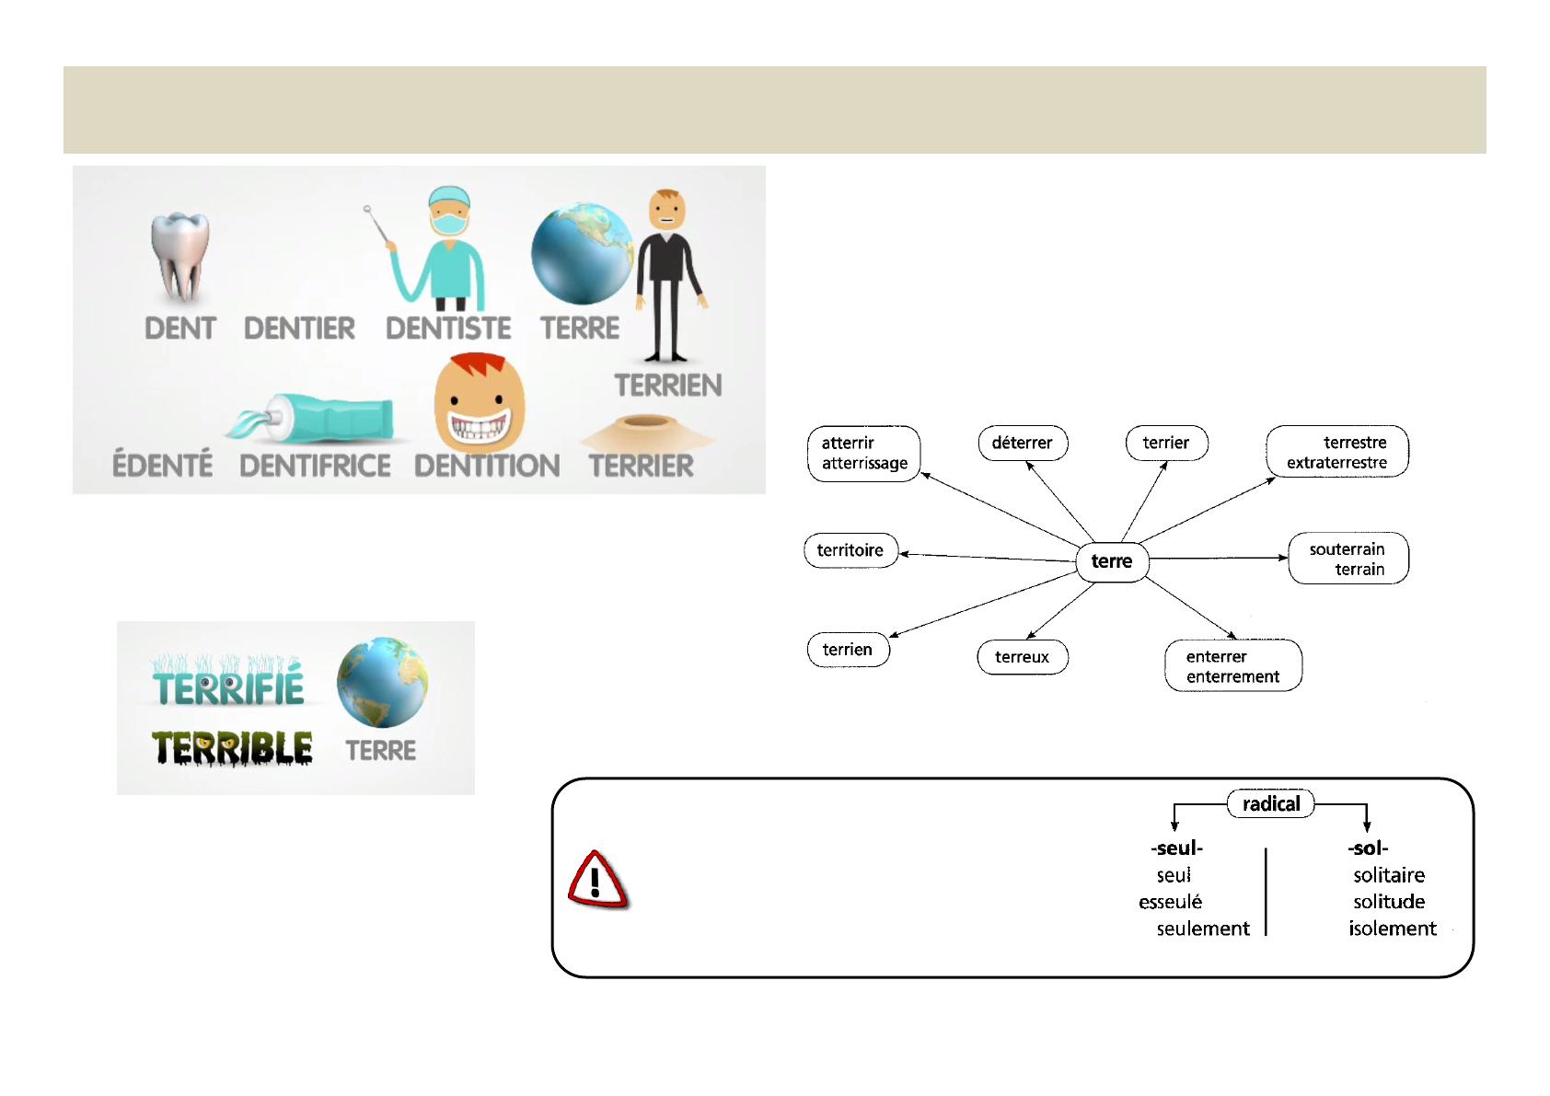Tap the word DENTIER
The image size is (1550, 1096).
[299, 329]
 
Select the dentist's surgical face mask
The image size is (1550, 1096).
[448, 224]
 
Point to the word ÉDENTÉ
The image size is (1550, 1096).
[162, 465]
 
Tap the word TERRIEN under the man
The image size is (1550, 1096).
[668, 386]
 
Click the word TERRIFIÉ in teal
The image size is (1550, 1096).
[228, 687]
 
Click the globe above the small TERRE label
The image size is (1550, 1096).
[382, 682]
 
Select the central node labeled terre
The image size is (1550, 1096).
[1112, 561]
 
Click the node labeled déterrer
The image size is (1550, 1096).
[1022, 443]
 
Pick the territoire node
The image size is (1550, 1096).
[850, 550]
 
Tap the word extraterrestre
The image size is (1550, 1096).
[1336, 463]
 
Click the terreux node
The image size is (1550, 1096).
[1022, 657]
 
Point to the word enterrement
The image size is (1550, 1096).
[1232, 677]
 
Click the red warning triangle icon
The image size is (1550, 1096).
[597, 881]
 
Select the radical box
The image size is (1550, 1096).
[1271, 804]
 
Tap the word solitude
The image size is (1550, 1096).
[1389, 902]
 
